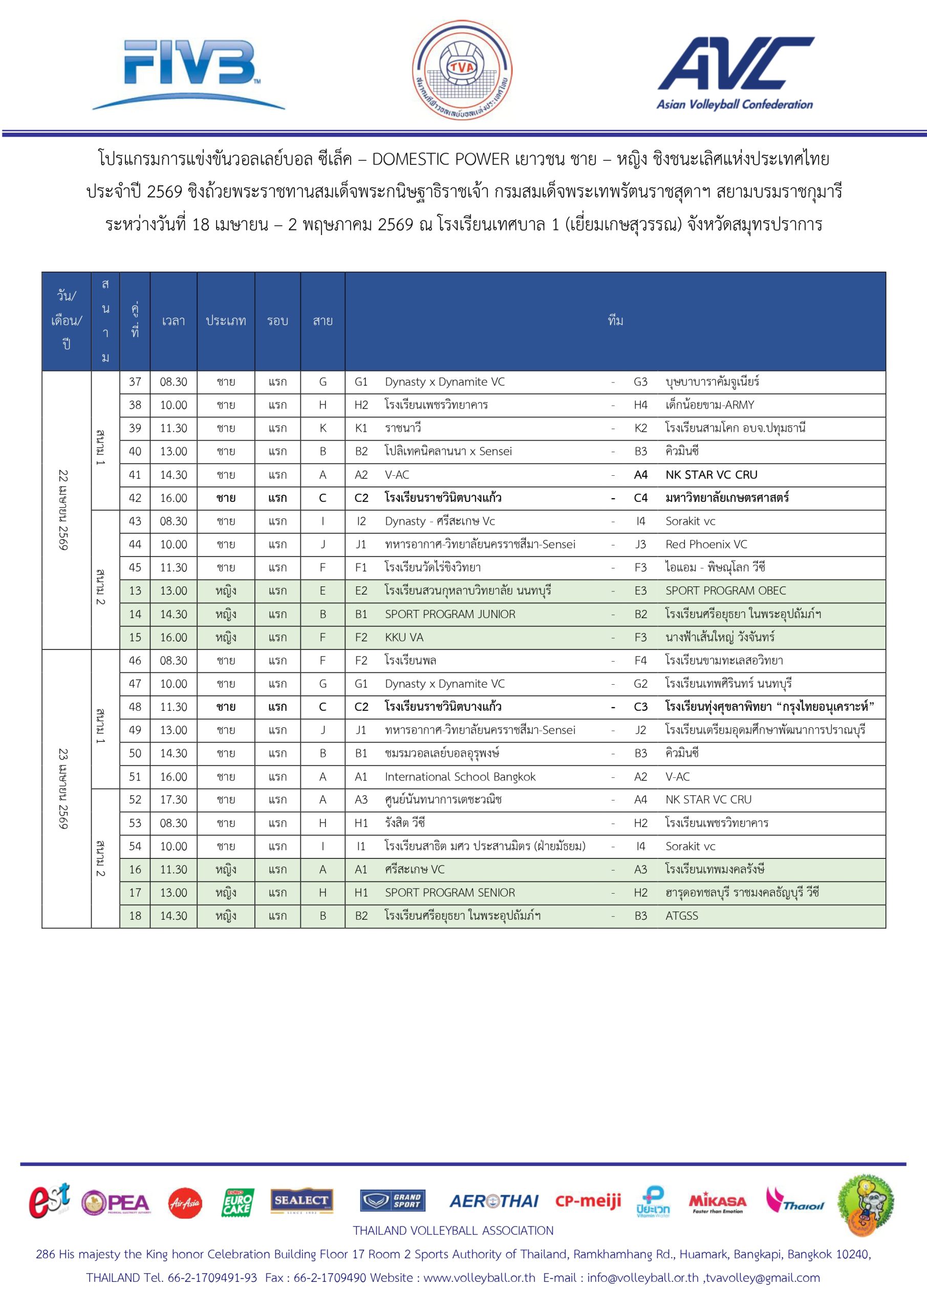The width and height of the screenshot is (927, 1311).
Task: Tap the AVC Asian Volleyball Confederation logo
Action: point(735,73)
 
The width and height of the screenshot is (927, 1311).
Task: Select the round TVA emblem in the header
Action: point(462,70)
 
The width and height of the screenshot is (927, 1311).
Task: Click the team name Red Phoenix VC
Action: point(706,544)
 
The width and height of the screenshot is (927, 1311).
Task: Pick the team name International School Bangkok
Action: point(460,776)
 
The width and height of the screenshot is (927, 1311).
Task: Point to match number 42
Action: point(135,498)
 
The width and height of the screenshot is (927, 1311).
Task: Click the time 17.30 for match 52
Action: point(174,799)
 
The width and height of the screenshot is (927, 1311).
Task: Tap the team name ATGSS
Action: point(681,915)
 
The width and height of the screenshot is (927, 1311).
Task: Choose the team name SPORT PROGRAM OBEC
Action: point(725,590)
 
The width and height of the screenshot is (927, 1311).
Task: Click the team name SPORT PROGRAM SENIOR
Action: point(450,893)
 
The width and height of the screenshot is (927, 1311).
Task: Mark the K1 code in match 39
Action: point(361,428)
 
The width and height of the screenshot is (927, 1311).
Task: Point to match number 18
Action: point(135,915)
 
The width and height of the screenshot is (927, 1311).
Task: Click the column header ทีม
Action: point(615,321)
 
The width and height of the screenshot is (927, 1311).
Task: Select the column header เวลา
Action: point(174,321)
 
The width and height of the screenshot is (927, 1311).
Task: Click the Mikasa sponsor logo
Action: point(718,1203)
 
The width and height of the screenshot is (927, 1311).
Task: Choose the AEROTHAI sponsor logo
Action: point(494,1202)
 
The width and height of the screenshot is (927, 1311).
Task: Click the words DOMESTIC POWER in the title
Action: point(441,159)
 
